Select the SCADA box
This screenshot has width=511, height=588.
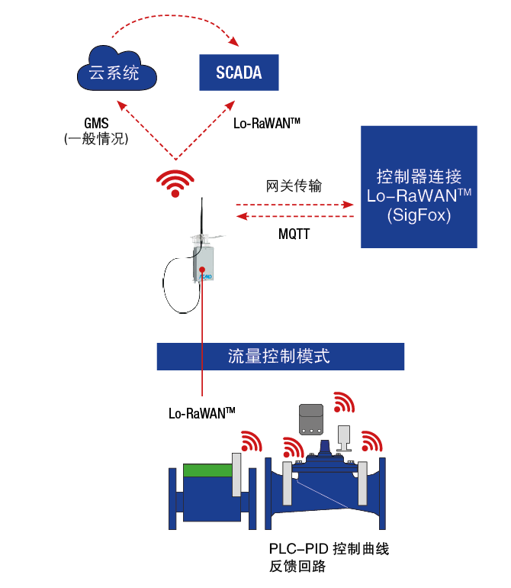[x=238, y=73]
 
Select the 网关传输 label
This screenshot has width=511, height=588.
[x=294, y=186]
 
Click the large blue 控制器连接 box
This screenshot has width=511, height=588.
[x=419, y=187]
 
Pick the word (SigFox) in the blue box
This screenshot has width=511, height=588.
[x=419, y=217]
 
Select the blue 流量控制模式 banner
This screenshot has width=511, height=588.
[x=280, y=357]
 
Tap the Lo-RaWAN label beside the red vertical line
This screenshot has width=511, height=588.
[x=201, y=413]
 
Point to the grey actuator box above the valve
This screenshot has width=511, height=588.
[x=311, y=418]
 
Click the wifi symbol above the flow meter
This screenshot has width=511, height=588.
[x=249, y=442]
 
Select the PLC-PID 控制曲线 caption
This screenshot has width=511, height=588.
[x=329, y=549]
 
